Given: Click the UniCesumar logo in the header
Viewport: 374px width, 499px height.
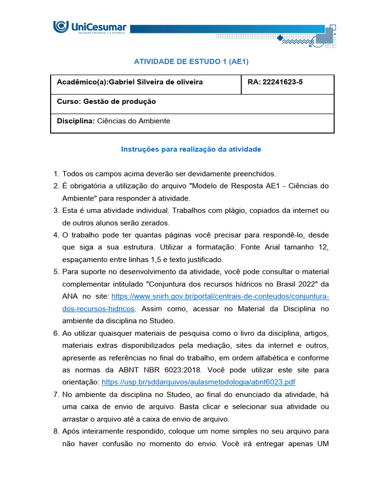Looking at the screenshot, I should point(89,28).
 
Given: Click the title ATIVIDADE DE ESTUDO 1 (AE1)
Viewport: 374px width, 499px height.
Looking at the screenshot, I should point(187,61).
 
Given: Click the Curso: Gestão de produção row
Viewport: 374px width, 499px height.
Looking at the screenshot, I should point(106,101).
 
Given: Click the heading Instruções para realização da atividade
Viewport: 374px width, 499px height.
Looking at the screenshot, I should point(191,149).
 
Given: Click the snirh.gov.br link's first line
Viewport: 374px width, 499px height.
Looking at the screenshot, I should point(220,296).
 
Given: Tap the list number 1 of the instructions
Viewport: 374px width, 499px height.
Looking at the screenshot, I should point(56,173).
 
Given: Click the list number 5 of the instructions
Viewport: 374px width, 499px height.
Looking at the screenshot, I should point(56,271).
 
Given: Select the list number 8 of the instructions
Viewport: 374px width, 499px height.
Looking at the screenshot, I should point(56,431).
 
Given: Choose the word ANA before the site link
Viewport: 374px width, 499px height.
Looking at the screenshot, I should point(69,296).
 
